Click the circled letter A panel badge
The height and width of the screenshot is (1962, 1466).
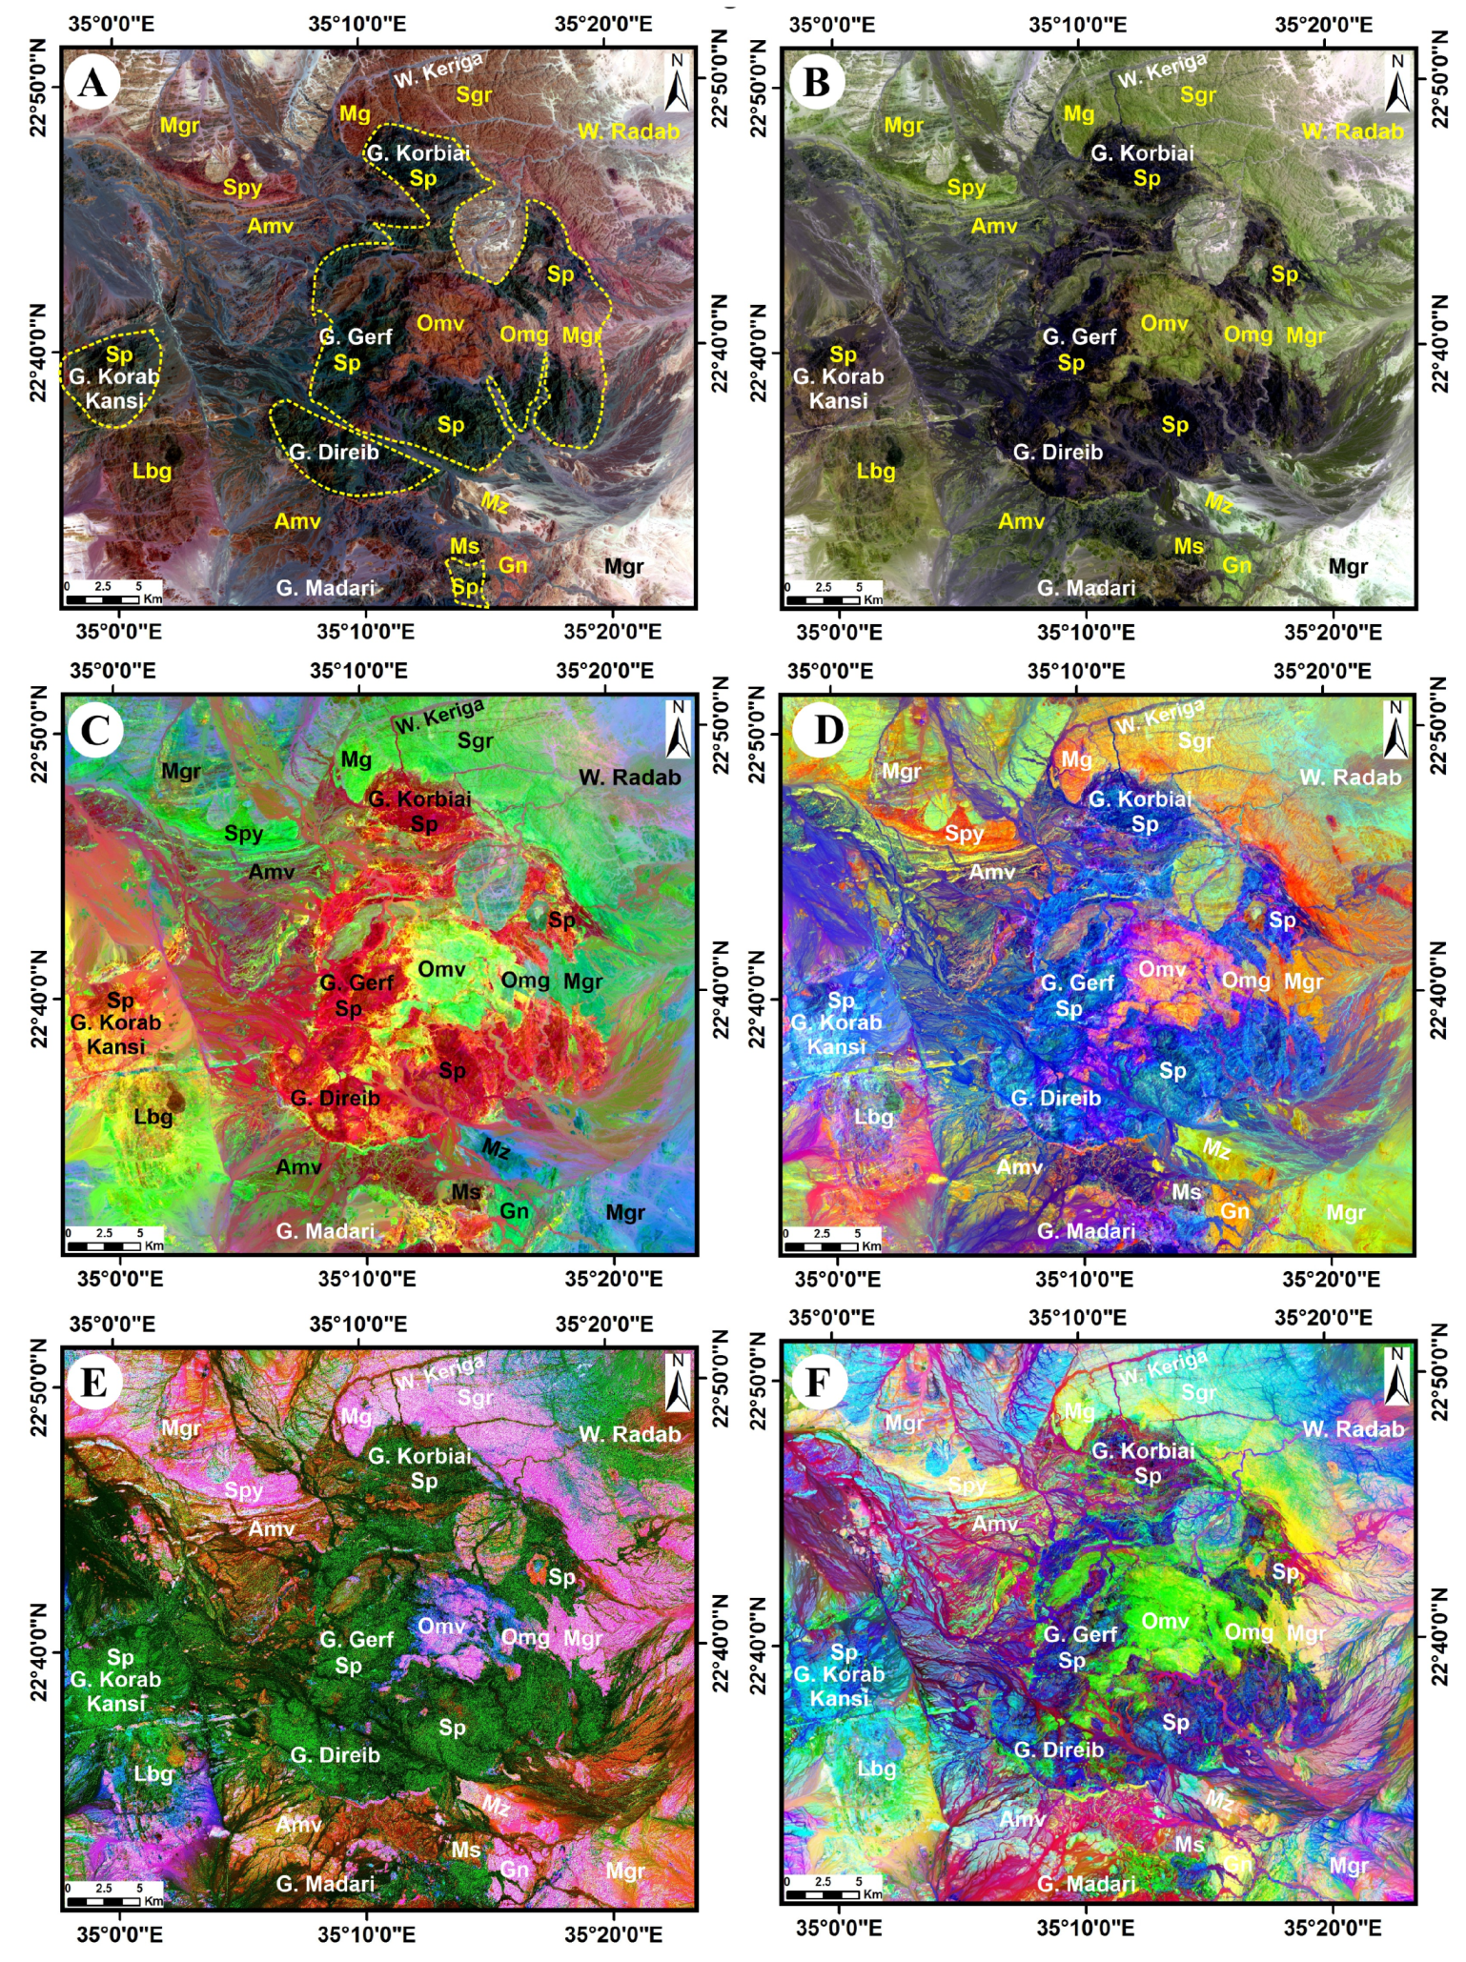[x=92, y=83]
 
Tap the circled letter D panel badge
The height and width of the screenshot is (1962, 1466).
[x=828, y=731]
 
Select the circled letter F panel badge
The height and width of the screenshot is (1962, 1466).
[x=816, y=1382]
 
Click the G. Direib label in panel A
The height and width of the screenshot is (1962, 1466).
[x=335, y=452]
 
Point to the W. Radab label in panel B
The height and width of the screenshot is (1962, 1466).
[x=1353, y=131]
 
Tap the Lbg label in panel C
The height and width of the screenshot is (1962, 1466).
[x=153, y=1116]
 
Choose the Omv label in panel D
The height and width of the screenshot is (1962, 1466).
[x=1162, y=969]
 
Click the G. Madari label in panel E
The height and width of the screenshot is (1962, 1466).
[x=325, y=1883]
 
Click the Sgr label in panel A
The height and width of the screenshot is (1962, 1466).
[x=474, y=94]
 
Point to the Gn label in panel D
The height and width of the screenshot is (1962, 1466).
[x=1234, y=1211]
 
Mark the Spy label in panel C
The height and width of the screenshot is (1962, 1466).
[x=243, y=833]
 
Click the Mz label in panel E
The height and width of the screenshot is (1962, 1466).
[x=495, y=1805]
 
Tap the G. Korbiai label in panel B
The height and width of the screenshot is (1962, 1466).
[x=1142, y=152]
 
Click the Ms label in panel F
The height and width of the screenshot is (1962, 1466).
[x=1189, y=1845]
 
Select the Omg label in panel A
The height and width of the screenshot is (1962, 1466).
[x=524, y=334]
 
